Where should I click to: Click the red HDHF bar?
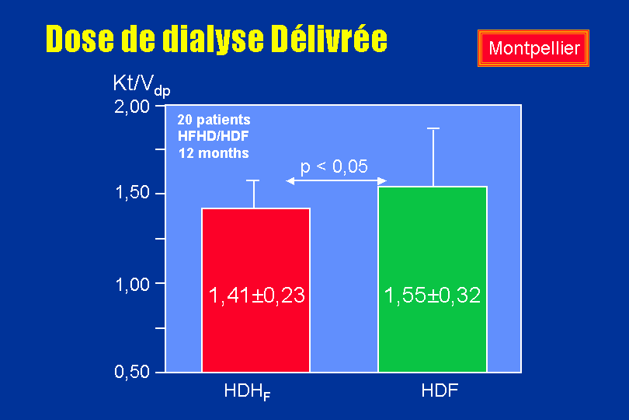pos(256,290)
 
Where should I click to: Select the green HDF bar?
pos(433,279)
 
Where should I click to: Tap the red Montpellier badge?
pos(533,48)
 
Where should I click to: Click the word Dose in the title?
pos(80,39)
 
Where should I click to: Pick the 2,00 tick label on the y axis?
pos(132,107)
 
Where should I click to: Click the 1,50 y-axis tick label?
pos(132,193)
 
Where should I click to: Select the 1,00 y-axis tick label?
pos(132,285)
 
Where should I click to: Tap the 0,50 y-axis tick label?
pos(132,372)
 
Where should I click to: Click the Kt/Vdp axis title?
pos(141,85)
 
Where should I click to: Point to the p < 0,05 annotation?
pos(334,166)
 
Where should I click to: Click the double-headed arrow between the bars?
pos(336,181)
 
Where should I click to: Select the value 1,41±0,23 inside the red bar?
pos(257,296)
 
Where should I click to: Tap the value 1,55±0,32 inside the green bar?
pos(433,296)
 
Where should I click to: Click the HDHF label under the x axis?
pos(247,391)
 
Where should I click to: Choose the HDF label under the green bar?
pos(440,390)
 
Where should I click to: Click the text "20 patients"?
pos(214,120)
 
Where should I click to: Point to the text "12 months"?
pos(214,153)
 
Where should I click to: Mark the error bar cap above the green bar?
pos(433,128)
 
